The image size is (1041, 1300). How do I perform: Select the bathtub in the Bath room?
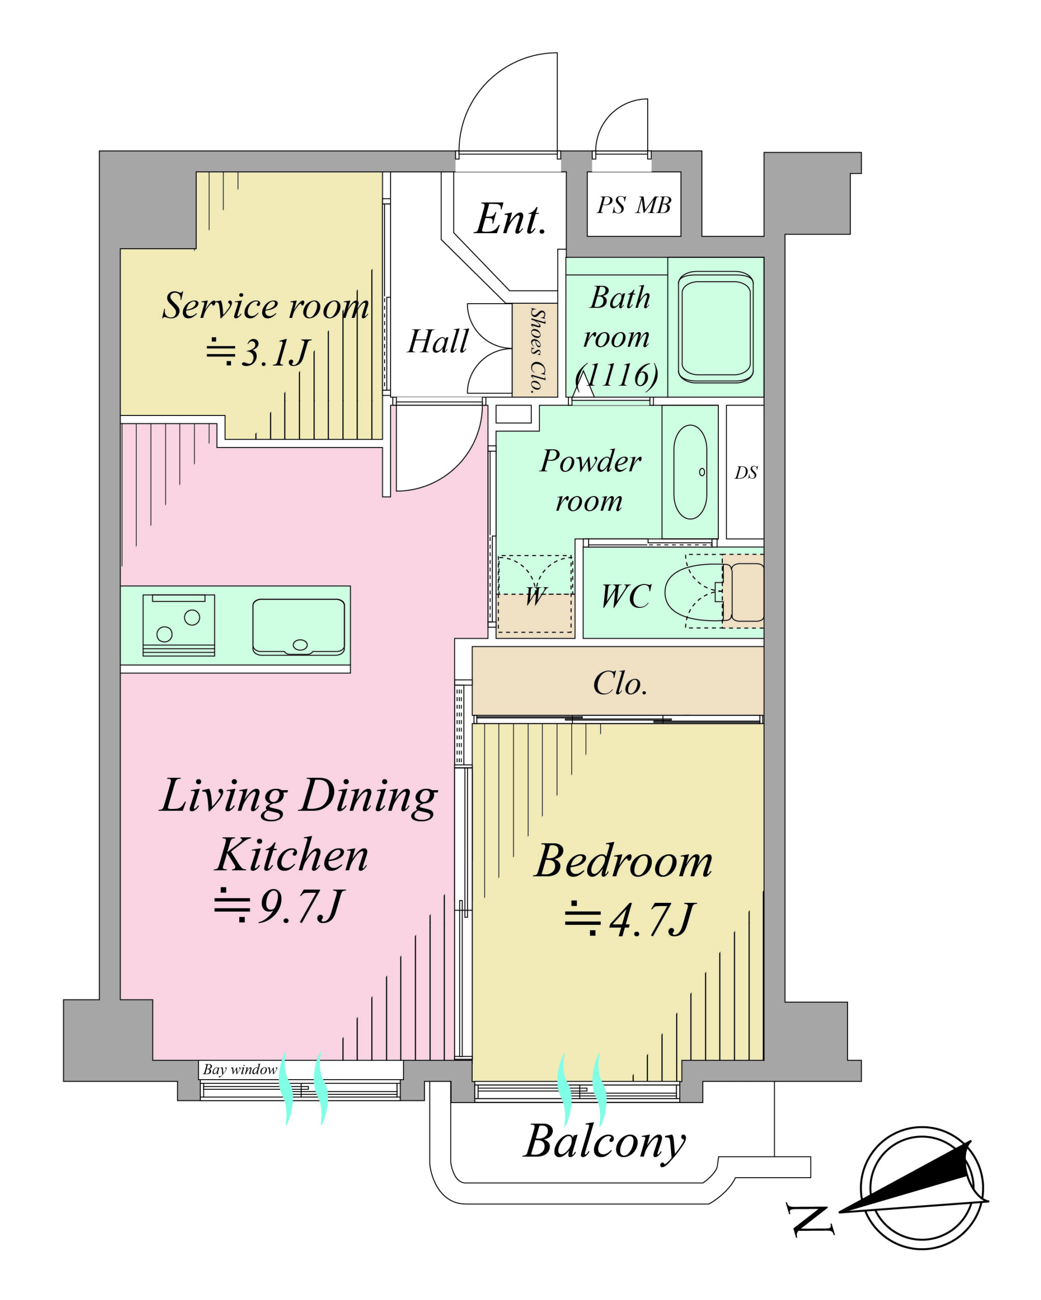(x=715, y=328)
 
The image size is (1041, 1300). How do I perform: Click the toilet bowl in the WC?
(x=693, y=593)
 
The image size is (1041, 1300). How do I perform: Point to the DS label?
(x=745, y=473)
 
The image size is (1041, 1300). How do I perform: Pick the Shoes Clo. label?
(x=535, y=350)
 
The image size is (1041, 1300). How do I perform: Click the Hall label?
(x=437, y=341)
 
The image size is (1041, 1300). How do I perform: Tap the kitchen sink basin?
(x=299, y=627)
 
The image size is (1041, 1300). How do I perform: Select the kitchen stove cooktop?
(x=178, y=625)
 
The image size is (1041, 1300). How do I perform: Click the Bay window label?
(x=239, y=1069)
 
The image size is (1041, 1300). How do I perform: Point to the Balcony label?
(x=605, y=1142)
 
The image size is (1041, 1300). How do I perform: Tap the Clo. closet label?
(x=620, y=683)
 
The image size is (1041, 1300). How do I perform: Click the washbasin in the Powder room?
(x=690, y=472)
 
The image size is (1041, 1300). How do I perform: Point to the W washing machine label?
(x=535, y=596)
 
